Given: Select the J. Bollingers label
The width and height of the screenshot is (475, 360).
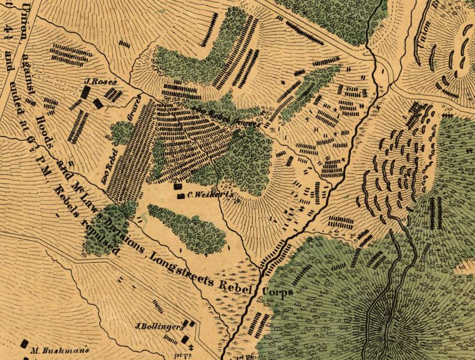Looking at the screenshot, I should tap(159, 326).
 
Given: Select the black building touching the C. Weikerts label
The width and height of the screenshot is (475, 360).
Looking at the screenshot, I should tap(179, 195).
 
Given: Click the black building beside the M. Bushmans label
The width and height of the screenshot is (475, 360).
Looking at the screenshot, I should tap(26, 344).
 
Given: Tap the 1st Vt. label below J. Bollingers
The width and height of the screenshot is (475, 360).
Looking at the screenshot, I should tap(180, 355).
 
